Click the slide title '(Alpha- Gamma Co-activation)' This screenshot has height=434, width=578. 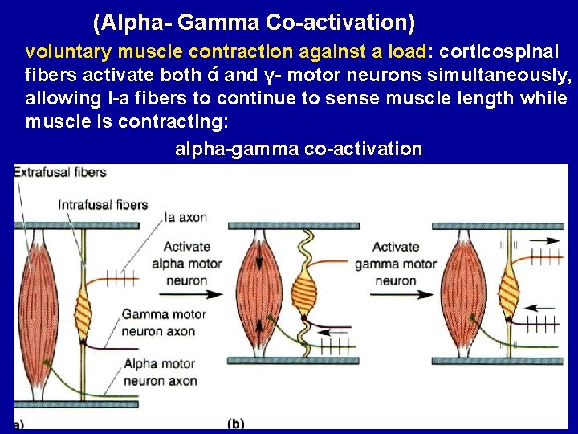pos(254,22)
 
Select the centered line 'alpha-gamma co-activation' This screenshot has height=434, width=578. pos(298,149)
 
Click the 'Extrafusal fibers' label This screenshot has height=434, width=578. pos(59,172)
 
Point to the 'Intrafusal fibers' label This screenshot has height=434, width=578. pos(104,204)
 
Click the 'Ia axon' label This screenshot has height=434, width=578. pos(186,216)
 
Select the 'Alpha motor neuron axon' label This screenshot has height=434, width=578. pos(160,372)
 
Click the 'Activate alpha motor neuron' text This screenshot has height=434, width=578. pos(186,264)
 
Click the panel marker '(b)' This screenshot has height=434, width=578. pos(236,423)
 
